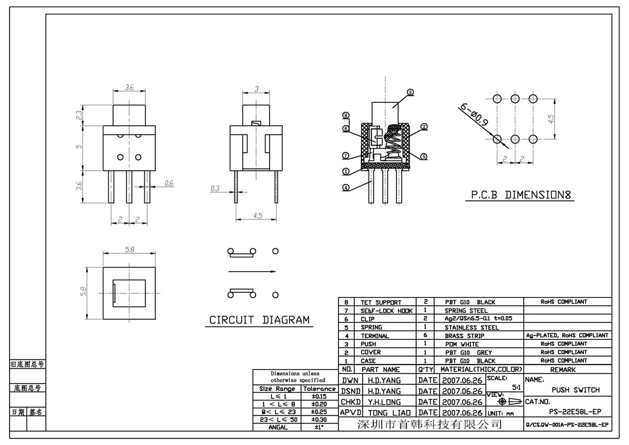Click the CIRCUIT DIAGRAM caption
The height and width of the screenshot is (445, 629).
(259, 320)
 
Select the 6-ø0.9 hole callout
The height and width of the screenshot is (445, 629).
(474, 117)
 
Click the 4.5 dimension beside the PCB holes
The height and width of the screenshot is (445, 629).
(551, 118)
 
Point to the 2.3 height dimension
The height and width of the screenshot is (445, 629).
(79, 115)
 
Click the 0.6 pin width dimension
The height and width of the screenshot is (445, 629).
(169, 183)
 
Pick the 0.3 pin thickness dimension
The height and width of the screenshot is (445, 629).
(215, 189)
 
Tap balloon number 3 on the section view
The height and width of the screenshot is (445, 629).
(410, 93)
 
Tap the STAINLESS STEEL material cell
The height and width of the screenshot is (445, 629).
(471, 327)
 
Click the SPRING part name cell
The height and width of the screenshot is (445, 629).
(371, 327)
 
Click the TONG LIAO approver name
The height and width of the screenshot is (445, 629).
(388, 413)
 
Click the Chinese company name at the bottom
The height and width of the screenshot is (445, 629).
(429, 425)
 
